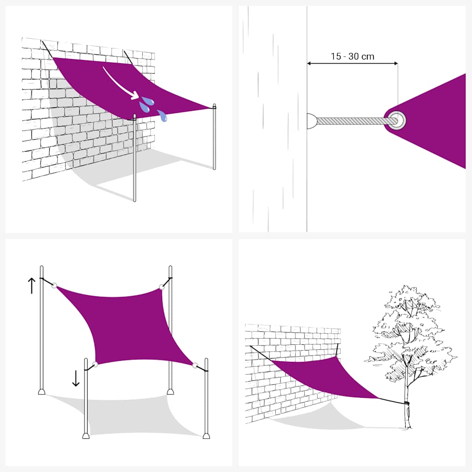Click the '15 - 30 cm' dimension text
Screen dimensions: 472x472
click(352, 57)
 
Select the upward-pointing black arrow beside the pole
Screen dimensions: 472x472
click(31, 286)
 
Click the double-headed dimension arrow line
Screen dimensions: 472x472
click(352, 64)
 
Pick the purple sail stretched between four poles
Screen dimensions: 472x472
click(129, 323)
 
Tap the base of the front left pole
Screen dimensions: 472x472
click(86, 435)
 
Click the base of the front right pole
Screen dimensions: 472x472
click(206, 435)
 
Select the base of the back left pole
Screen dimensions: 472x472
click(41, 392)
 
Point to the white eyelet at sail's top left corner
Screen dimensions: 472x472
click(54, 286)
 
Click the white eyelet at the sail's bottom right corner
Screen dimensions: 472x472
click(195, 366)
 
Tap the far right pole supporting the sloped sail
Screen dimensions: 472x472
click(214, 138)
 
